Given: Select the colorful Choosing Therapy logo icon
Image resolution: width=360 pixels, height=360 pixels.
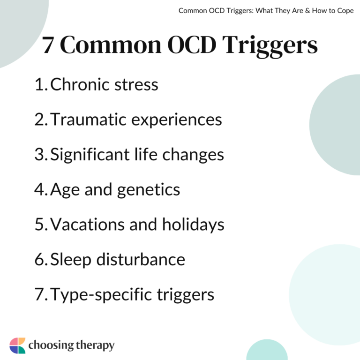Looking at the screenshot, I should click(x=17, y=345).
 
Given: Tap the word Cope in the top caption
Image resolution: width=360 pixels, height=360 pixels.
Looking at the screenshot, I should click(x=345, y=10).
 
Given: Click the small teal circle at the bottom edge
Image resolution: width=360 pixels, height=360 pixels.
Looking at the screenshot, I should click(x=267, y=352).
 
